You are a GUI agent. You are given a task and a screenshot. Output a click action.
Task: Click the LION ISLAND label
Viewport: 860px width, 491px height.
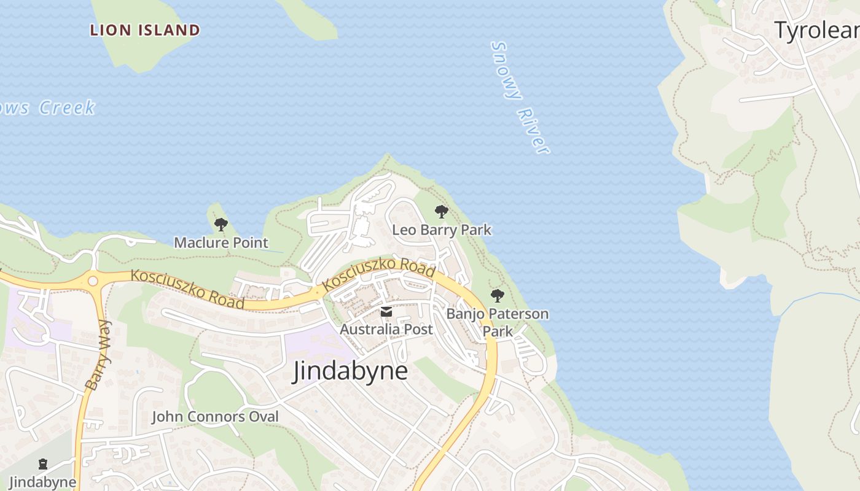point(145,30)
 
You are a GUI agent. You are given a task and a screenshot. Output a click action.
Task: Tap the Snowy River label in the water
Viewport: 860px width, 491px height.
point(520,97)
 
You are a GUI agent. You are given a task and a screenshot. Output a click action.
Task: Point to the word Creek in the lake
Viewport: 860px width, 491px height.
point(68,108)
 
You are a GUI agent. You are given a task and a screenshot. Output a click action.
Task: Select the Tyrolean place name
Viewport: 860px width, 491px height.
point(816,30)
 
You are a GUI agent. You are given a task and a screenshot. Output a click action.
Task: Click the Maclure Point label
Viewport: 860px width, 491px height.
point(221,242)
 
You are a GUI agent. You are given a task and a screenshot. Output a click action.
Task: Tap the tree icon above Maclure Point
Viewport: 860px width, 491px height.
point(221,225)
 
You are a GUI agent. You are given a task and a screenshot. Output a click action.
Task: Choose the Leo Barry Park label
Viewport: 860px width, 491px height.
point(442,230)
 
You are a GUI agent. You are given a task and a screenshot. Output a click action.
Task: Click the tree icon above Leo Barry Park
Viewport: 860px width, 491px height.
point(441,212)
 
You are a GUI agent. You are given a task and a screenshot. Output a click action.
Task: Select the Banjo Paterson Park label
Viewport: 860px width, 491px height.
point(498,322)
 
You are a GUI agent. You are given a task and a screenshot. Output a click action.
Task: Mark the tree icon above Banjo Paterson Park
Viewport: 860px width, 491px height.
point(498,296)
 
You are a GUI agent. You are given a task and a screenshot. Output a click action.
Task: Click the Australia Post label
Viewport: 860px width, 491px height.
point(386,329)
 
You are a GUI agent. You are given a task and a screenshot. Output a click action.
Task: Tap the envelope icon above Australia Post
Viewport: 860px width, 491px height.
point(386,312)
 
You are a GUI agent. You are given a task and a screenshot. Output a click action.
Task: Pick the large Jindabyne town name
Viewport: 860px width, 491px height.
point(350,371)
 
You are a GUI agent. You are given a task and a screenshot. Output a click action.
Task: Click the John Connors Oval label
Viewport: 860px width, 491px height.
point(215,417)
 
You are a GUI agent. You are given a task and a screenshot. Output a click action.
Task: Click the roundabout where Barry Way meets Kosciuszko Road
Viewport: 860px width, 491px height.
point(93,281)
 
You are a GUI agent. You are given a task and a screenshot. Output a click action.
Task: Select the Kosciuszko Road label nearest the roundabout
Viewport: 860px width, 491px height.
point(187,289)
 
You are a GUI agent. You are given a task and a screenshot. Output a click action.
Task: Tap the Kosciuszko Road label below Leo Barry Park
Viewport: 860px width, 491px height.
point(379,274)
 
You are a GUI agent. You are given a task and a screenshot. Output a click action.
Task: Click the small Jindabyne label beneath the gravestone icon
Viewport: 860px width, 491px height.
point(42,482)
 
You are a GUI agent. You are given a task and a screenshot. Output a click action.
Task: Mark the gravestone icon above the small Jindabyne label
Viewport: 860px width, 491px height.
point(42,464)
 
